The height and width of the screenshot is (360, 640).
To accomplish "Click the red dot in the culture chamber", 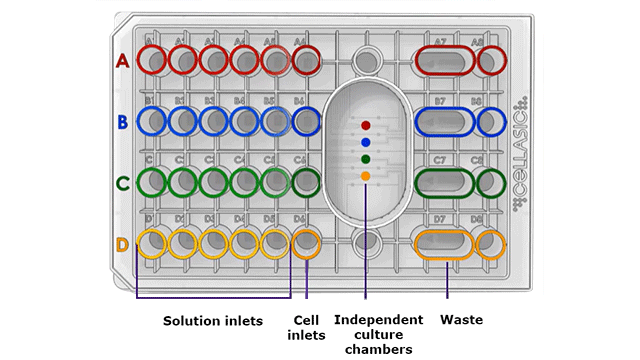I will tap(366, 126).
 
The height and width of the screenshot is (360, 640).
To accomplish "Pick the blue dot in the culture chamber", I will tap(366, 142).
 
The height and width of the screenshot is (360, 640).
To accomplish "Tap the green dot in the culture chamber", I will tap(366, 159).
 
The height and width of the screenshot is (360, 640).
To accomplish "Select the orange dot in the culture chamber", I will tap(366, 176).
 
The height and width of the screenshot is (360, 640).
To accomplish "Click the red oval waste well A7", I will tap(446, 61).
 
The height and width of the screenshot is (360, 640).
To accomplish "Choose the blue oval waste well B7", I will tap(446, 122).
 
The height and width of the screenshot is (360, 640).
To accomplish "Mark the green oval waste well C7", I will tap(446, 183).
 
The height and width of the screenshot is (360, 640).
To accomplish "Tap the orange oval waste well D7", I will tap(446, 243).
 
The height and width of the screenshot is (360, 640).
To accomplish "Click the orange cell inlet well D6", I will tap(306, 243).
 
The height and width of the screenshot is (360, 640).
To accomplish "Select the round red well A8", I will tap(491, 61).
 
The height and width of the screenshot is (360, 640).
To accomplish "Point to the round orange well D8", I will tap(491, 243).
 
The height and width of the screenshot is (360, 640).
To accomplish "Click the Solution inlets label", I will tap(213, 321).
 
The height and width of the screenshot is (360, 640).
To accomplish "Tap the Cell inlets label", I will tap(306, 328).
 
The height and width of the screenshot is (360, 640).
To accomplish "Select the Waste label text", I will tap(461, 320).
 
